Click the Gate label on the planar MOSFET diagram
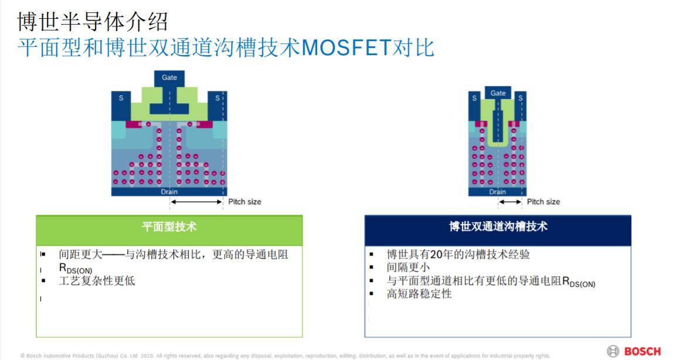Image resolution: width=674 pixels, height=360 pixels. pyautogui.click(x=169, y=77)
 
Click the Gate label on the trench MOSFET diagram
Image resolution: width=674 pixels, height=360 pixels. pyautogui.click(x=498, y=93)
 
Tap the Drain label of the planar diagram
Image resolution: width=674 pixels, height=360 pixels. pyautogui.click(x=169, y=192)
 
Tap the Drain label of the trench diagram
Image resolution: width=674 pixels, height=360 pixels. pyautogui.click(x=498, y=192)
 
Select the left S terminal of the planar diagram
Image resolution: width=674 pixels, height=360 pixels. pyautogui.click(x=121, y=98)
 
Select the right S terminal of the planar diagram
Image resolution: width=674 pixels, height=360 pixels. pyautogui.click(x=217, y=98)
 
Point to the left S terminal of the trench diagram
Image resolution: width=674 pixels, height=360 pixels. pyautogui.click(x=475, y=99)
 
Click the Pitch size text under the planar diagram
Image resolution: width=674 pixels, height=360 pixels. pyautogui.click(x=244, y=202)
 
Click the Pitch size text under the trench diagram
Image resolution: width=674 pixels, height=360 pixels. pyautogui.click(x=543, y=202)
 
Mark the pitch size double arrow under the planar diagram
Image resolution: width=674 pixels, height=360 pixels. pyautogui.click(x=196, y=202)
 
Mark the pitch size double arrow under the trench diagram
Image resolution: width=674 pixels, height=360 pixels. pyautogui.click(x=510, y=202)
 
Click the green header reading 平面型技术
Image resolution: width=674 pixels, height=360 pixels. pyautogui.click(x=169, y=227)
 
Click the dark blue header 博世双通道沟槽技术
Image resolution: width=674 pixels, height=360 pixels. pyautogui.click(x=498, y=227)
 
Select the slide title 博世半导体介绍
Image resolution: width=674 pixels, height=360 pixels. pyautogui.click(x=93, y=22)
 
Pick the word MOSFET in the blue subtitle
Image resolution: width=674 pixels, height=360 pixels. pyautogui.click(x=346, y=47)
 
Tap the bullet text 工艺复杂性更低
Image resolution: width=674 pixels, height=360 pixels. pyautogui.click(x=97, y=281)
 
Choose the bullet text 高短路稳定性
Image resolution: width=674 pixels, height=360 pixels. pyautogui.click(x=419, y=294)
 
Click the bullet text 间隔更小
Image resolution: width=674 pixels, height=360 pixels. pyautogui.click(x=408, y=267)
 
